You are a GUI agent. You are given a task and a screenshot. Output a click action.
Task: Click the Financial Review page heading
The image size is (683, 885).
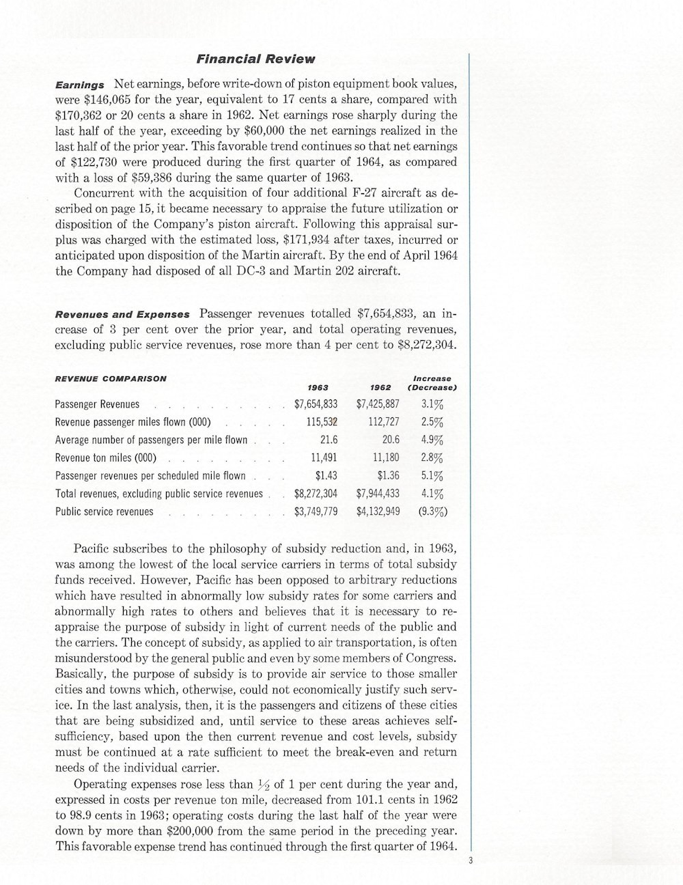click(x=256, y=59)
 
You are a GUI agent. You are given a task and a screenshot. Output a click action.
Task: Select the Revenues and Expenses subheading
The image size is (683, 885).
click(x=122, y=315)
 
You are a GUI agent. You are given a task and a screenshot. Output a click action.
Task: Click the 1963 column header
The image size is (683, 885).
click(x=318, y=387)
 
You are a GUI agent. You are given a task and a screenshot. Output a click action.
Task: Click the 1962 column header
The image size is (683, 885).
click(x=380, y=387)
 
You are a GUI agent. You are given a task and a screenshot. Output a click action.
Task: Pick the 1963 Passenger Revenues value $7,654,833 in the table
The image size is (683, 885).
click(x=316, y=404)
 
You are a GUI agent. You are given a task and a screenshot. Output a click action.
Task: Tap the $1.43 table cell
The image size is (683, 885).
click(x=326, y=475)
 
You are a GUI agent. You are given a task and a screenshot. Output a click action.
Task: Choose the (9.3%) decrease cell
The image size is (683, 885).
click(x=433, y=511)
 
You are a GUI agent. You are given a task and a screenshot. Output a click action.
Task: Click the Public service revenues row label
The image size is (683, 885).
click(x=104, y=511)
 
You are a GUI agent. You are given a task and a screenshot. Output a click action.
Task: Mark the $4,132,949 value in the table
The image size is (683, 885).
click(x=378, y=511)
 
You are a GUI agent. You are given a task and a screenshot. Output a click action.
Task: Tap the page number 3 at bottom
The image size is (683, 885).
click(x=471, y=861)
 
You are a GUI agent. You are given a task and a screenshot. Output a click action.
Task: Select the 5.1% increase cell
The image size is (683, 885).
click(x=432, y=475)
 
